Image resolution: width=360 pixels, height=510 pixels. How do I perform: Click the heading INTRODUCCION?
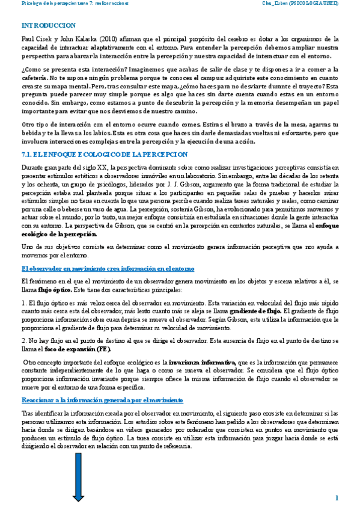[49, 25]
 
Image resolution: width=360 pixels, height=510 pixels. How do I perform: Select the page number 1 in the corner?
[337, 497]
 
